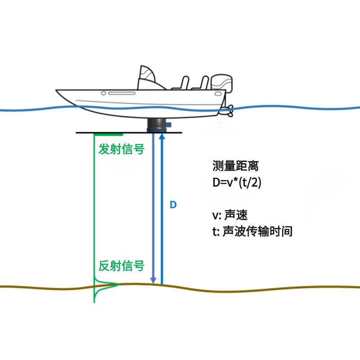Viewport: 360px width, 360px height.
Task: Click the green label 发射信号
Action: [121, 149]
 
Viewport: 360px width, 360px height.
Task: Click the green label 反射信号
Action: [121, 266]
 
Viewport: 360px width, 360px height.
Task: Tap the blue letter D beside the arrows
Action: [173, 205]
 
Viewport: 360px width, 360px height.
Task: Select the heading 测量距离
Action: [235, 166]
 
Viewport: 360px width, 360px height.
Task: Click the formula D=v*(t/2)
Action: [237, 183]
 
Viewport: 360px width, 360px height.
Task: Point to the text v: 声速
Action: [230, 215]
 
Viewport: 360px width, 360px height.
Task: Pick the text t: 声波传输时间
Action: [252, 231]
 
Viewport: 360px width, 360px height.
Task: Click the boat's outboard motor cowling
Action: [221, 82]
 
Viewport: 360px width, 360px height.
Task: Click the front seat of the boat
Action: [182, 83]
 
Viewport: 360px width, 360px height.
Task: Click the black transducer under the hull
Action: [156, 125]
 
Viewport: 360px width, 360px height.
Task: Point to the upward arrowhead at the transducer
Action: [162, 136]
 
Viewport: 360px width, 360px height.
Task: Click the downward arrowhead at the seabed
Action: [153, 280]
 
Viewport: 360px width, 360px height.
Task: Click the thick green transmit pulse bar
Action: [108, 134]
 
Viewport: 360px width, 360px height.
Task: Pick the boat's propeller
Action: [230, 111]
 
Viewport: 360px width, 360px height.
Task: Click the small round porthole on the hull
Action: [103, 93]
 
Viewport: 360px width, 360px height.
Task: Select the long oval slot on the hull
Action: [121, 93]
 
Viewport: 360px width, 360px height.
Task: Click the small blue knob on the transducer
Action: [169, 125]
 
